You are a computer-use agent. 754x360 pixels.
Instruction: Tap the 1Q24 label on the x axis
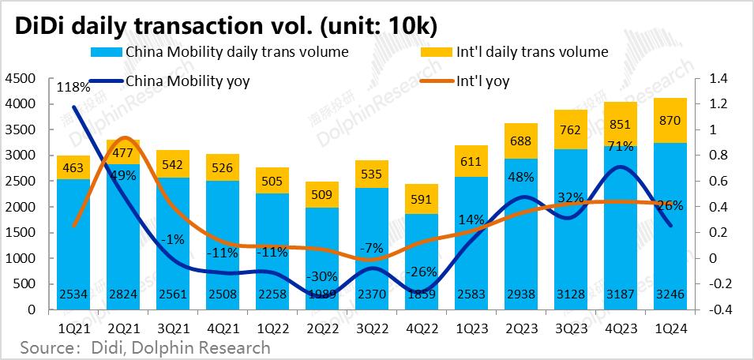pyautogui.click(x=670, y=324)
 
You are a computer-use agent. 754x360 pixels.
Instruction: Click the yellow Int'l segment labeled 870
pyautogui.click(x=670, y=121)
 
